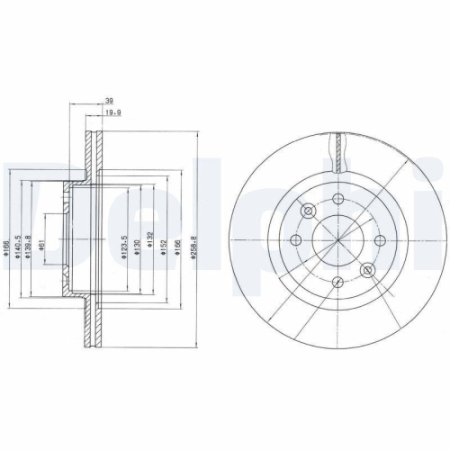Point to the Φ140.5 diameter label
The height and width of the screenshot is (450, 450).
coord(18,241)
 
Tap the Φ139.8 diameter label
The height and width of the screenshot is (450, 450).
coord(30,241)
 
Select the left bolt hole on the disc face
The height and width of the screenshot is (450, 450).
coord(296,239)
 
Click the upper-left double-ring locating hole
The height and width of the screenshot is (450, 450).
coord(308,211)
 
